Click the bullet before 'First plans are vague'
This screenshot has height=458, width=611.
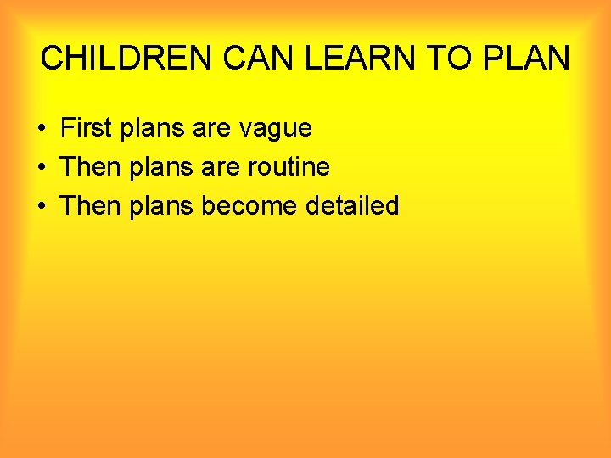tap(41, 129)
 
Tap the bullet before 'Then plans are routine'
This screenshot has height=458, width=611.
tap(41, 168)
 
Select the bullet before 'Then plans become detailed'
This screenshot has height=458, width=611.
tap(41, 206)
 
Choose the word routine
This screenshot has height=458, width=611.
tap(289, 167)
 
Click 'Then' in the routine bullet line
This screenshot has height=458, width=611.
tap(92, 167)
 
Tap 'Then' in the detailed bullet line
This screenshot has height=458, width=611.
tap(92, 205)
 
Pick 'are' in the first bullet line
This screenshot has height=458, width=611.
tap(211, 129)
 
